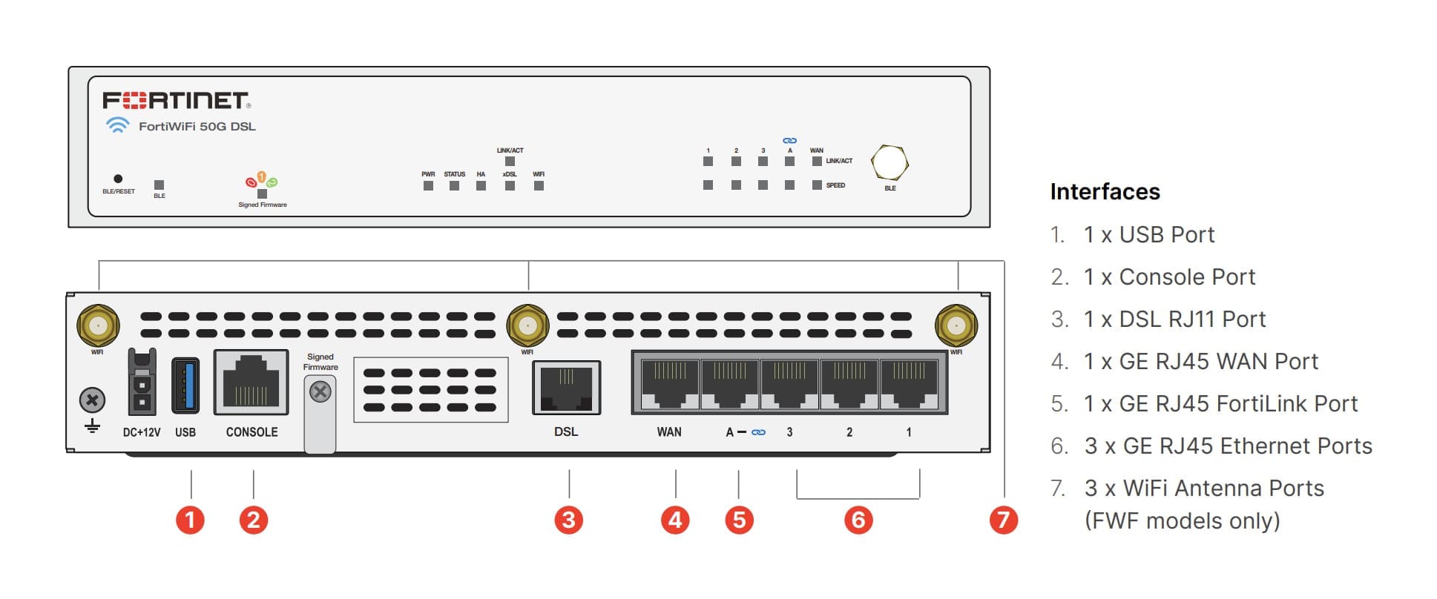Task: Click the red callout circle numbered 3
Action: coord(569,520)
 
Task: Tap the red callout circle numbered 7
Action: coord(1003,520)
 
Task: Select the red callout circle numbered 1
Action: coord(190,520)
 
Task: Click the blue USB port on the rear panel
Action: coord(185,385)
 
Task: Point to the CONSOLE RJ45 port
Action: coord(251,382)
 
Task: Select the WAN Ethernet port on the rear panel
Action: coord(669,383)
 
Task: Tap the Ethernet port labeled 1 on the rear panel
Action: coord(909,383)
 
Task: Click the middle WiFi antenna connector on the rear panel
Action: coord(527,325)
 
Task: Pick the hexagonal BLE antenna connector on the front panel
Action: coord(890,162)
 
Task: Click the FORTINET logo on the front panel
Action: coord(176,100)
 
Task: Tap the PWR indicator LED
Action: coord(428,185)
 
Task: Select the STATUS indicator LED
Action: coord(454,185)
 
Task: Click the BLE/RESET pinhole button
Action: coord(118,179)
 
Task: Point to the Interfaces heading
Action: coord(1105,192)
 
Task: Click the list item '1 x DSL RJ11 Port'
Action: coord(1174,320)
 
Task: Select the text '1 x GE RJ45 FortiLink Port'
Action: coord(1220,404)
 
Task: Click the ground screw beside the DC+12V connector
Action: coord(92,401)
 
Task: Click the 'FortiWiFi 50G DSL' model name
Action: coord(197,127)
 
